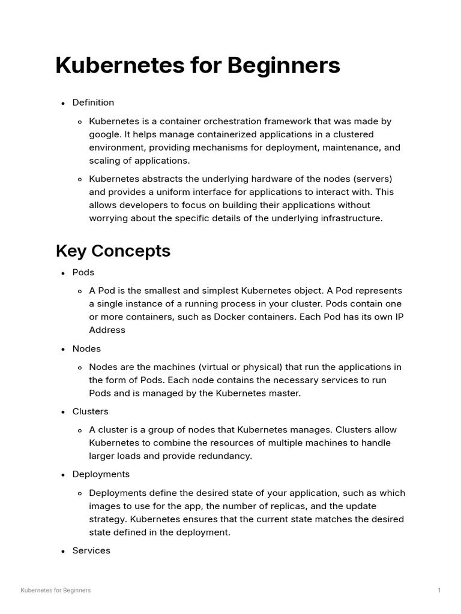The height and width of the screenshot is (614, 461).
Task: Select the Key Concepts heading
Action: pyautogui.click(x=113, y=251)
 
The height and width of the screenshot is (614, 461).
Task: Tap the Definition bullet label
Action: pyautogui.click(x=93, y=103)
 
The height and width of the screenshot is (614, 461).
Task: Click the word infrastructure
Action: pyautogui.click(x=348, y=218)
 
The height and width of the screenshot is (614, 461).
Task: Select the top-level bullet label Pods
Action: pyautogui.click(x=83, y=272)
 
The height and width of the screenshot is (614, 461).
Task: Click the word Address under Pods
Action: pyautogui.click(x=107, y=330)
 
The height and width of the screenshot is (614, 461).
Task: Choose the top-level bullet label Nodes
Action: pyautogui.click(x=86, y=348)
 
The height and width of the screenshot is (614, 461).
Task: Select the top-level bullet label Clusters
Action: pyautogui.click(x=91, y=411)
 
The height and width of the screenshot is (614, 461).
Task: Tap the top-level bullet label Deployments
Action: pyautogui.click(x=101, y=474)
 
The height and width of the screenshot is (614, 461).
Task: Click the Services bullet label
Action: pyautogui.click(x=91, y=550)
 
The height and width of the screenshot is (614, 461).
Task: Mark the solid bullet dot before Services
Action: pyautogui.click(x=63, y=551)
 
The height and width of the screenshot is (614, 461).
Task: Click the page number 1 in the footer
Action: pyautogui.click(x=439, y=591)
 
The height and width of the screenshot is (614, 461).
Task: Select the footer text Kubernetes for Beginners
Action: pyautogui.click(x=56, y=591)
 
